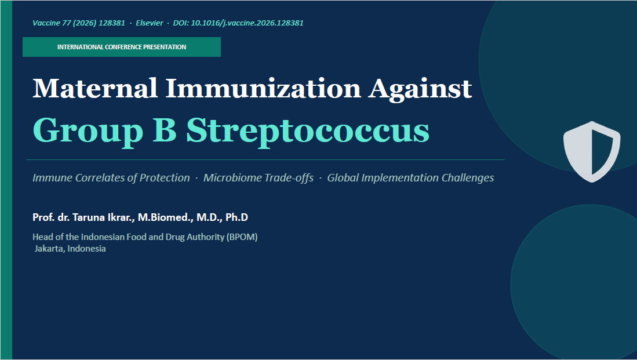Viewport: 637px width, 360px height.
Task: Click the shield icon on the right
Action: click(592, 151)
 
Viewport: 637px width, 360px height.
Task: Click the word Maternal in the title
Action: click(94, 88)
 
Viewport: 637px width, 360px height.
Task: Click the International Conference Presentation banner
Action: click(122, 47)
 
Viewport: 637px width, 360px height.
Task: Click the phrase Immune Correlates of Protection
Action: click(111, 178)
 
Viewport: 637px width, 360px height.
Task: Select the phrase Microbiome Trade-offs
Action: click(259, 178)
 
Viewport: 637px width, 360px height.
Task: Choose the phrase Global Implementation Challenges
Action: click(410, 178)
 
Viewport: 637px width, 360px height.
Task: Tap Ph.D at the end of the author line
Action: click(236, 217)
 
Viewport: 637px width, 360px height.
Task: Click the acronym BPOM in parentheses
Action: click(242, 237)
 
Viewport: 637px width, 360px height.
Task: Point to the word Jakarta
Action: click(49, 249)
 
